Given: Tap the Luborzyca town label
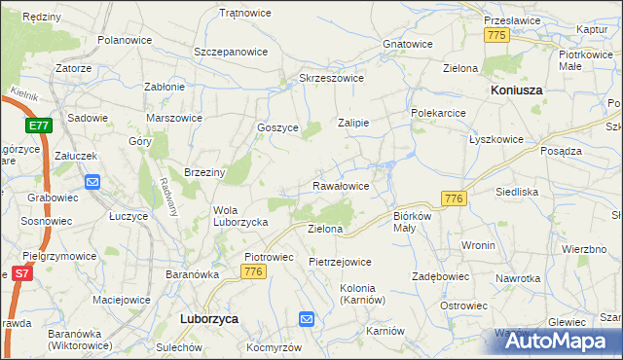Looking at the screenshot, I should coord(210,318).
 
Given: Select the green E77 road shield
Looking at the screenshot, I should coord(39,126).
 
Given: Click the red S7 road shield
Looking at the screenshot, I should coord(22,275).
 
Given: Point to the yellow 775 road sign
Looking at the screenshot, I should coord(496,35).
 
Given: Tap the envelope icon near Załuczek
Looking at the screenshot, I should coord(92,181).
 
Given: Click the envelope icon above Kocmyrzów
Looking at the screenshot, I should coord(307,318).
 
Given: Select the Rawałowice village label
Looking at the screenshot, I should coord(340,185).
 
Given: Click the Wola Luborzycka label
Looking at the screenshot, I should coord(240,215).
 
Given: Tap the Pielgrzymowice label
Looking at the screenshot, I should coord(60,256).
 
